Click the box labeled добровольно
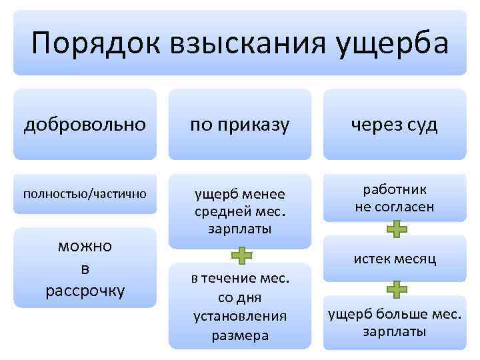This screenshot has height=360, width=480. (x=85, y=125)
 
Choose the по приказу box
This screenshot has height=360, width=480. (x=240, y=125)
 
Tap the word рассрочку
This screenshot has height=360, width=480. (x=85, y=291)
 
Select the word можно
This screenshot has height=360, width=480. (x=85, y=245)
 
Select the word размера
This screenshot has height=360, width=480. (x=240, y=335)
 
